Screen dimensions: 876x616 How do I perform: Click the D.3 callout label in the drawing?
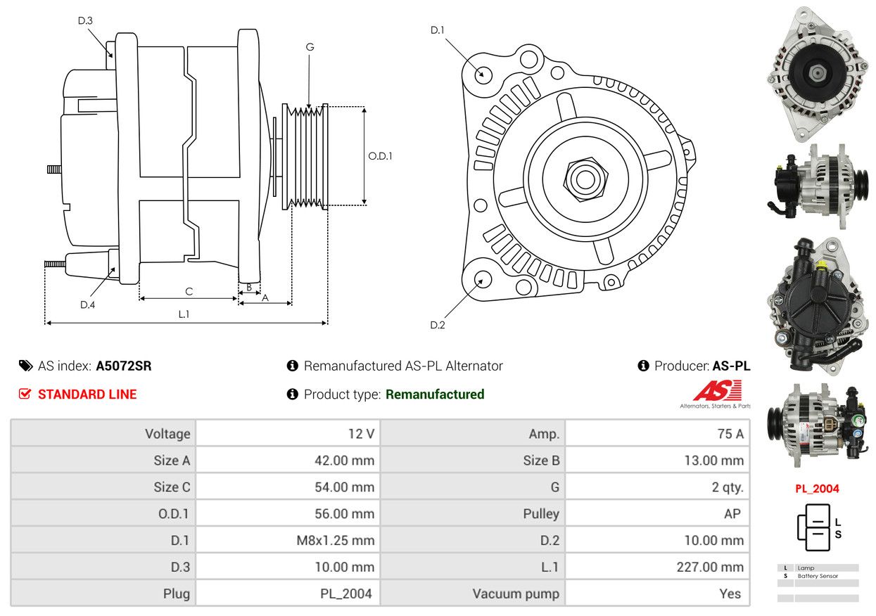(85, 20)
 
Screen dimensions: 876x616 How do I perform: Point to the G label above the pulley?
(310, 47)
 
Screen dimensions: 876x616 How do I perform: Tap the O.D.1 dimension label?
(380, 156)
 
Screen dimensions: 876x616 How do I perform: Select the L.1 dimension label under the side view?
(184, 314)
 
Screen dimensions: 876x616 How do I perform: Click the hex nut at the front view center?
(585, 179)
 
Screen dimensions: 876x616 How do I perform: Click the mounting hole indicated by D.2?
(483, 280)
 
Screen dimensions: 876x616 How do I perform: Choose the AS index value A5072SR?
(124, 366)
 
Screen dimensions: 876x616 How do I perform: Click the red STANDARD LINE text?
(87, 394)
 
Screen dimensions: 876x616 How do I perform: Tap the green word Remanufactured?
(435, 394)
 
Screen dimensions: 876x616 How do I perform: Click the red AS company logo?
(718, 390)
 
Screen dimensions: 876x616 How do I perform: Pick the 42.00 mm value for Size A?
(345, 460)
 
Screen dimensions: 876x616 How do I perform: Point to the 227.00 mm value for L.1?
(710, 567)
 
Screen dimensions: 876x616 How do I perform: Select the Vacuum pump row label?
(516, 593)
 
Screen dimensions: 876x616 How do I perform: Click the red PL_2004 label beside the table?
(817, 489)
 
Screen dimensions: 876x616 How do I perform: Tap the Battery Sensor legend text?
(818, 576)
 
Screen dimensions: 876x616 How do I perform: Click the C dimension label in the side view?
(189, 291)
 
